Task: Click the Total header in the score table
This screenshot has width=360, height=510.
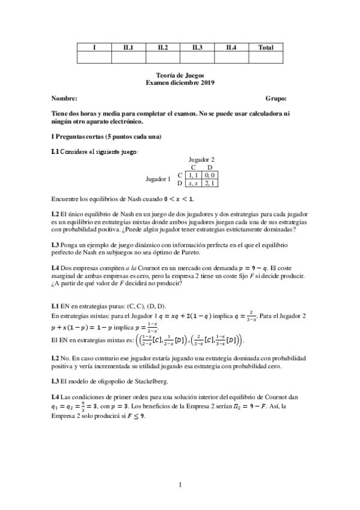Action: [266, 47]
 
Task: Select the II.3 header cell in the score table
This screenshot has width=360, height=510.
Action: [197, 47]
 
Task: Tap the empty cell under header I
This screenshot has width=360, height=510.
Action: [94, 58]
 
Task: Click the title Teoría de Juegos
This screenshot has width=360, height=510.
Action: [180, 76]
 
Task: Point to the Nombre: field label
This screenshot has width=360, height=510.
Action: [64, 98]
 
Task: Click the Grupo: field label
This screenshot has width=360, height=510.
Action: [276, 98]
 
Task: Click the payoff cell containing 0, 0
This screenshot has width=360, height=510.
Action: [210, 174]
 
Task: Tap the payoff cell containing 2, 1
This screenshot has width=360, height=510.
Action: [210, 182]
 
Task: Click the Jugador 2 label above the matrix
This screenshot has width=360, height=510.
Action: [202, 159]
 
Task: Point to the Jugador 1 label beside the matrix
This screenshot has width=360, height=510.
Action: [159, 179]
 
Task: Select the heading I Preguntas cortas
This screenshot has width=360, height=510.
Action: [106, 137]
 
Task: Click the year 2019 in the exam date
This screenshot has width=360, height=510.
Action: [207, 83]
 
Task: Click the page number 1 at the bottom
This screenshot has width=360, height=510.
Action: [180, 484]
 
